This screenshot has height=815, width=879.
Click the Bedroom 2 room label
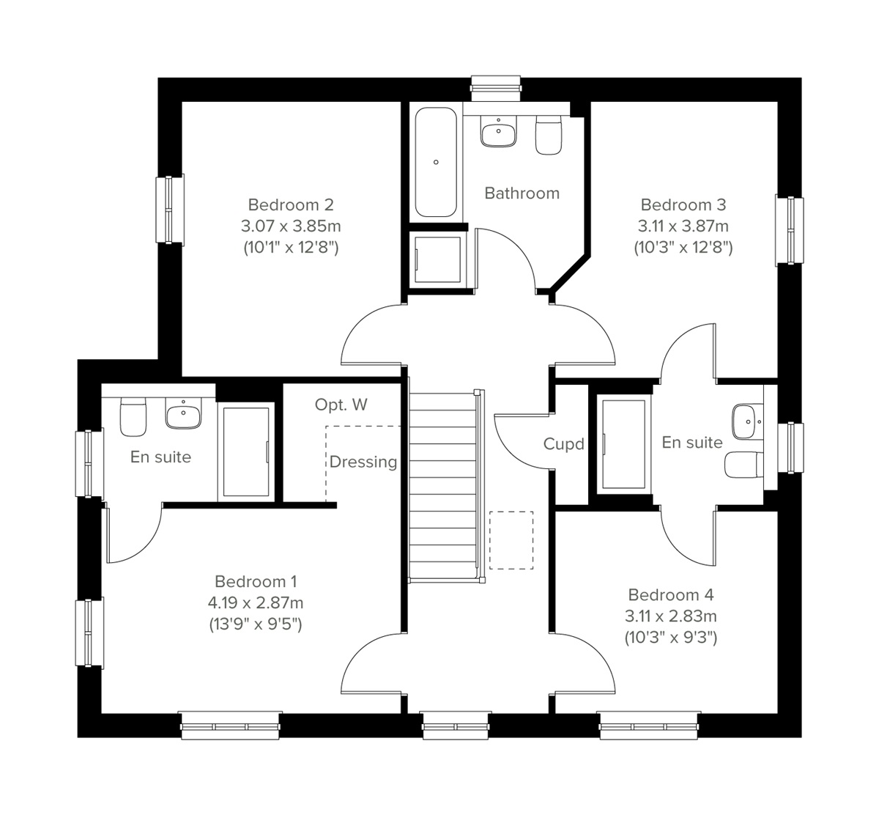(290, 204)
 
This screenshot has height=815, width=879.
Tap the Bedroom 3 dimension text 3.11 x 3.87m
(683, 226)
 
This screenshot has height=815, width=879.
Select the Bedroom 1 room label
(255, 581)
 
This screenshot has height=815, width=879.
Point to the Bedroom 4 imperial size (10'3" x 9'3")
(670, 638)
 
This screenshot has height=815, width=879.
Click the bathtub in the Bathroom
(437, 162)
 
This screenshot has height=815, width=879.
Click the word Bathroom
(522, 193)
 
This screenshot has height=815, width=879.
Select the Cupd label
(563, 444)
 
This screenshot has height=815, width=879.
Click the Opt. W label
(341, 405)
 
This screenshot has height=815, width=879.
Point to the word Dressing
(363, 462)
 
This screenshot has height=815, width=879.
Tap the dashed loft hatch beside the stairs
(511, 540)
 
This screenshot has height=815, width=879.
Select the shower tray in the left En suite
(245, 452)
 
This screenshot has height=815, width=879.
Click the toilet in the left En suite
(133, 416)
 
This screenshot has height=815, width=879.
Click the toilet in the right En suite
(742, 464)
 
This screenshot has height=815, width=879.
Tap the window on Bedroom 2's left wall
(169, 209)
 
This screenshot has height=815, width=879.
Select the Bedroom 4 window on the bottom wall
(649, 726)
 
